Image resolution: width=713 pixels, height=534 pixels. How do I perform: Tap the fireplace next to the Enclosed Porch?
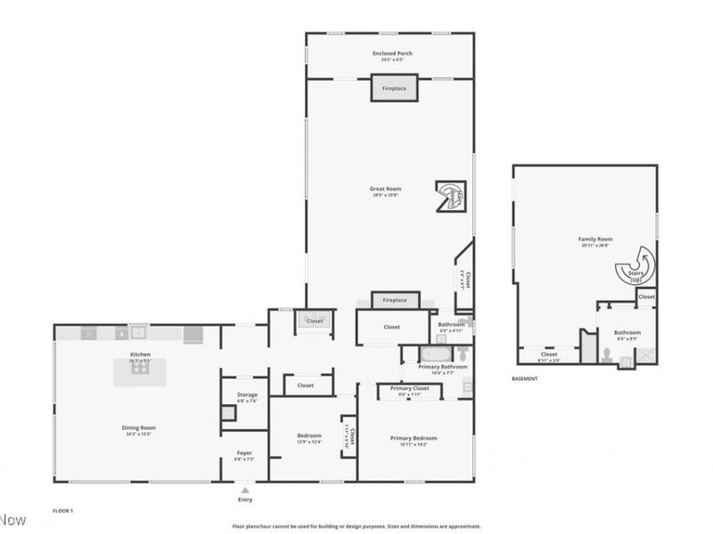click(x=394, y=89)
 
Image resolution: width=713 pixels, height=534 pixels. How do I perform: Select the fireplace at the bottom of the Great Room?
click(x=394, y=300)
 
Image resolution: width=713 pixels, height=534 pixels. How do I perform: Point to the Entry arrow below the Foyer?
click(x=244, y=489)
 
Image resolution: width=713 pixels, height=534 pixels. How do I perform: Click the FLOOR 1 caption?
click(x=62, y=512)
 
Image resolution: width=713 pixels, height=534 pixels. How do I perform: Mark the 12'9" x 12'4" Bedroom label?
click(x=308, y=436)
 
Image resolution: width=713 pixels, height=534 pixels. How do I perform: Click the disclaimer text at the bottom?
click(x=356, y=526)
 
